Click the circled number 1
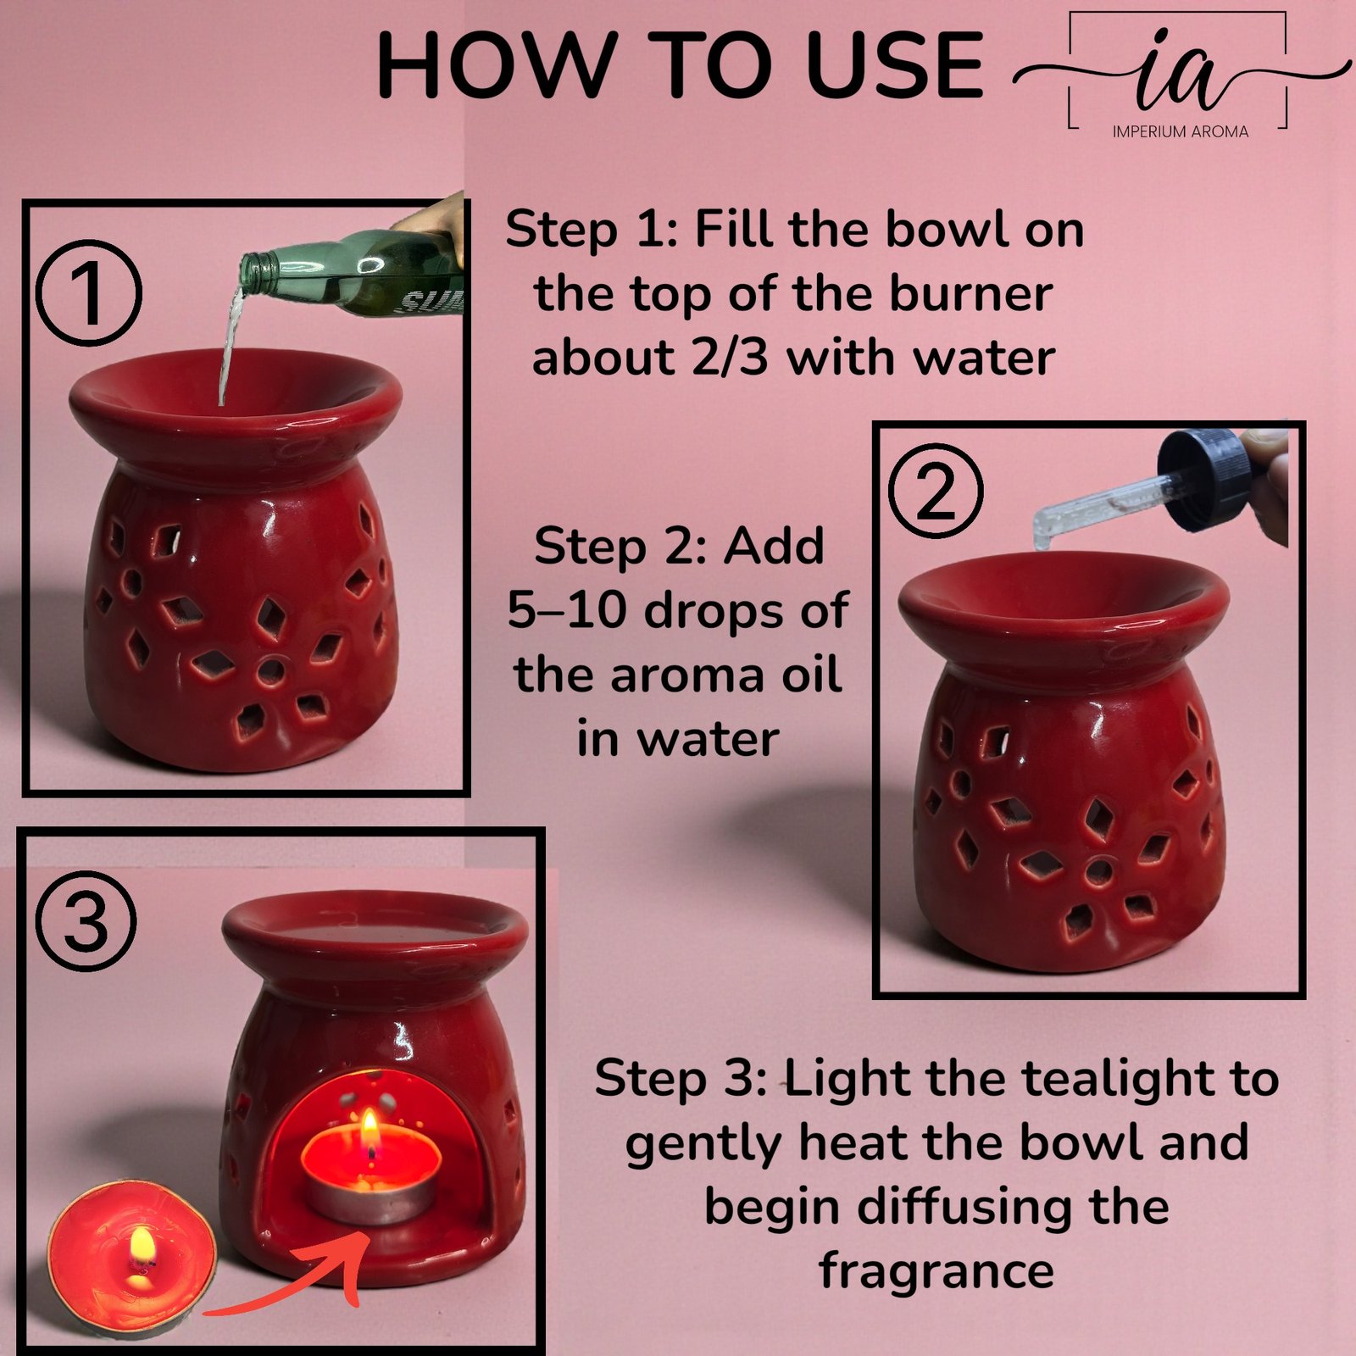click(89, 293)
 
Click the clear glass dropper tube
click(1093, 508)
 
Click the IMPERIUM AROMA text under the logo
click(1180, 131)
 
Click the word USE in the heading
click(894, 66)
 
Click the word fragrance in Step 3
click(936, 1270)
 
